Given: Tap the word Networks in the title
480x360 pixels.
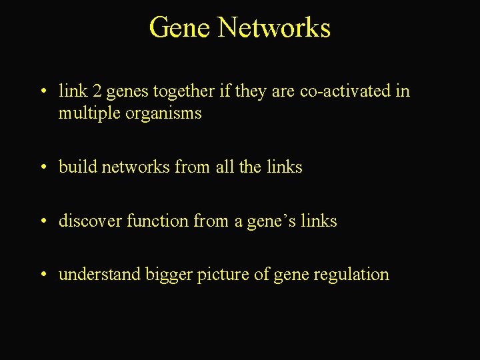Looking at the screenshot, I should [x=274, y=28].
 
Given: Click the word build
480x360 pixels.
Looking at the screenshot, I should [x=77, y=167].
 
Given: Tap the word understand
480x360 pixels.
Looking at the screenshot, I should [x=99, y=275].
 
